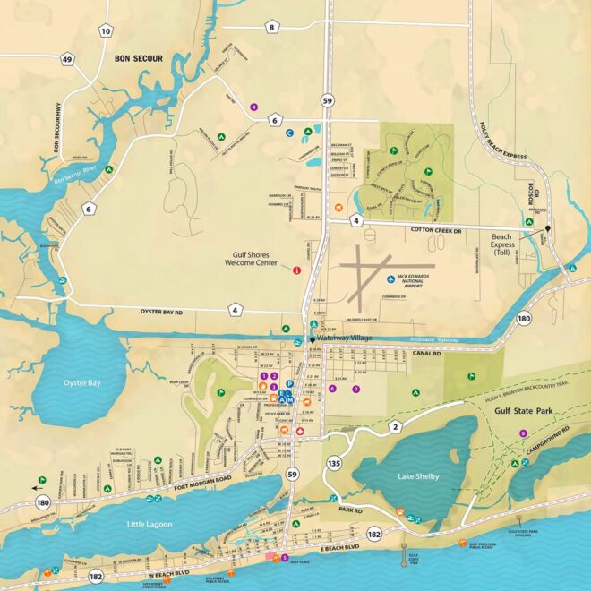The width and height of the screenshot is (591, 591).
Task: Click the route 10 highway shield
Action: (106, 31)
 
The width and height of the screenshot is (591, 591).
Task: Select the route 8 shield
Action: (272, 28)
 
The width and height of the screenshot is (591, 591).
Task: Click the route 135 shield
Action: (334, 462)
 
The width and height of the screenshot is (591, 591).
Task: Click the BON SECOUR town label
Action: (139, 58)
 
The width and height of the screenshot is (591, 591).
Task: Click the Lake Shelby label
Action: (418, 476)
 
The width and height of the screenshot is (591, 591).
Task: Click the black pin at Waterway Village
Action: (312, 339)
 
